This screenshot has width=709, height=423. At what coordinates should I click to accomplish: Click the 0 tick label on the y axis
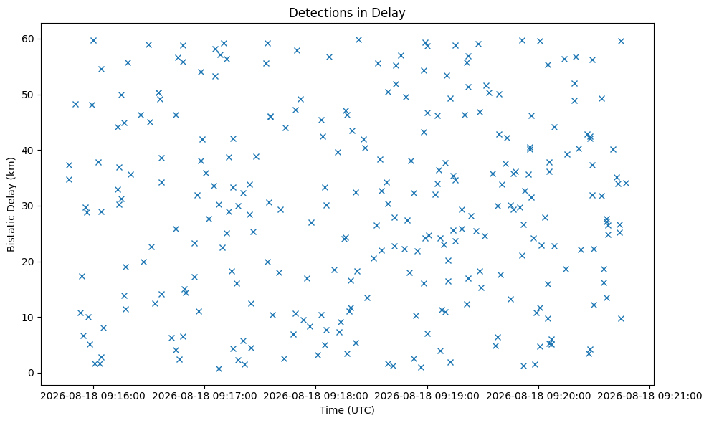[x=32, y=373]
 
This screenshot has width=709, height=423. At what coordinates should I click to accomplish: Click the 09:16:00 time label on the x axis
[x=93, y=396]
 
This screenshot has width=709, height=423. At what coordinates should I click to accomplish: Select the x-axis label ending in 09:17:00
[x=204, y=396]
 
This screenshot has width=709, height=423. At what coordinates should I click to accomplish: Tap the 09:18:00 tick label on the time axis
[x=315, y=396]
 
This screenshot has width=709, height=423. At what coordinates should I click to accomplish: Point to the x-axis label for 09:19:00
[x=427, y=396]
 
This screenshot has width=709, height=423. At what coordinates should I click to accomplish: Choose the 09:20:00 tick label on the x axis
[x=538, y=396]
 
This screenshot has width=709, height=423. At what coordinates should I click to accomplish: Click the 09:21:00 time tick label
[x=649, y=396]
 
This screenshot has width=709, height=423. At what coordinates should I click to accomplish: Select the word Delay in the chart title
[x=392, y=13]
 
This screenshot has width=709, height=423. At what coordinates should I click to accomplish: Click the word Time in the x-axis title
[x=330, y=410]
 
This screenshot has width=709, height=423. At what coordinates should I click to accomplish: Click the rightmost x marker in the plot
[x=627, y=184]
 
